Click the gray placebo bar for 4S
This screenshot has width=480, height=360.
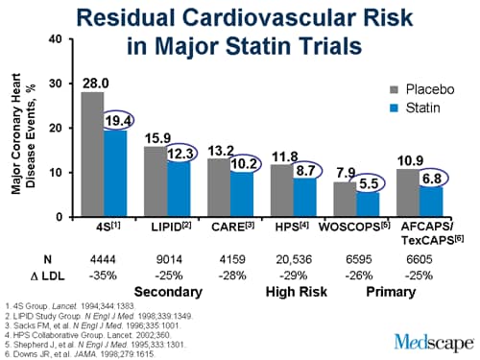tap(92, 155)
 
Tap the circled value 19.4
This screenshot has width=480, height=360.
tap(117, 120)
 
